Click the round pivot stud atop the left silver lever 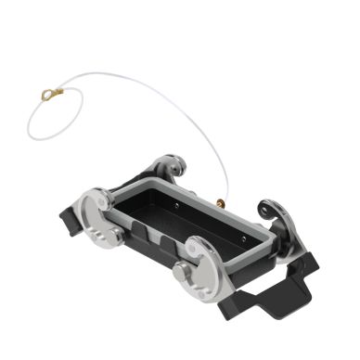[99, 207]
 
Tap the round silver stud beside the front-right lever [183, 276]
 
